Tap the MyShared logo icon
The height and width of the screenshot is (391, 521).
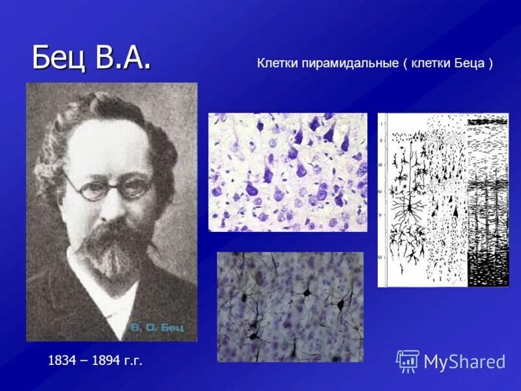click(x=407, y=360)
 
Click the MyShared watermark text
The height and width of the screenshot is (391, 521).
click(x=464, y=362)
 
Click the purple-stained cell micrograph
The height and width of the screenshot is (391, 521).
click(x=287, y=171)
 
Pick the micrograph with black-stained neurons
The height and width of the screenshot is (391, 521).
click(x=290, y=306)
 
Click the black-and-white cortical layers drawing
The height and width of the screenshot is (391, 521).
click(x=443, y=200)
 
